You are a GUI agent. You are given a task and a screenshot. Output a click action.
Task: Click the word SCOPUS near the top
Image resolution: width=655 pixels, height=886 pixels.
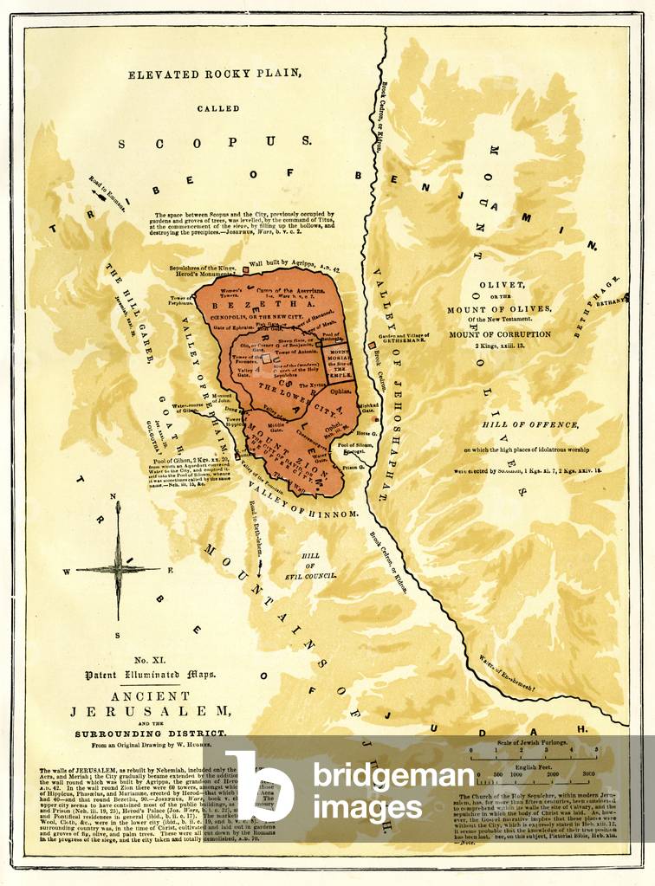[x=215, y=142]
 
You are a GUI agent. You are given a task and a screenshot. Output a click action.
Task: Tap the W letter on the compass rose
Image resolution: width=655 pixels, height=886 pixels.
[x=67, y=571]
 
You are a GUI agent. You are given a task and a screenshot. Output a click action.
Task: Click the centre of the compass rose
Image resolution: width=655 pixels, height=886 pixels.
[x=117, y=569]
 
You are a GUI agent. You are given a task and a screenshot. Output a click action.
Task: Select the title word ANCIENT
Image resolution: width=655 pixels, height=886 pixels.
[x=130, y=695]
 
